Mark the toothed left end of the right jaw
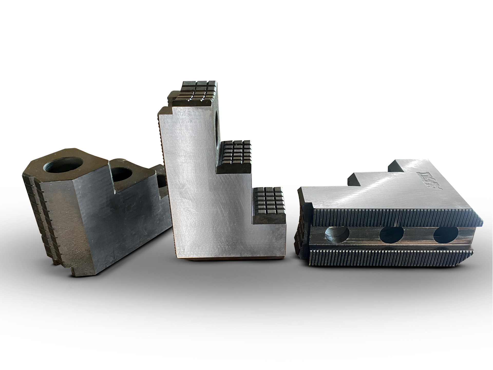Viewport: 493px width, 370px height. [303, 231]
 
